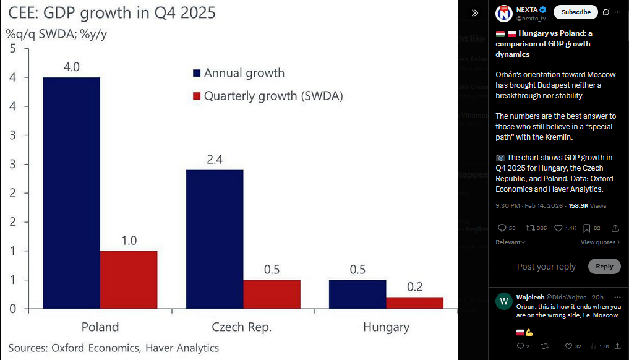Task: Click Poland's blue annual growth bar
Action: [x=71, y=192]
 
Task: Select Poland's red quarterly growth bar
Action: [x=129, y=279]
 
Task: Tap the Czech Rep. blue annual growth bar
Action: [x=215, y=238]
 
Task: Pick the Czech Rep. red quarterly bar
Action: [x=272, y=294]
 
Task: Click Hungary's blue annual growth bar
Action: [x=357, y=294]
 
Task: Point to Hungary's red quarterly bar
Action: [x=414, y=302]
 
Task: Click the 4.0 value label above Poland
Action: [x=72, y=66]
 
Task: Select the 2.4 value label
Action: [x=215, y=159]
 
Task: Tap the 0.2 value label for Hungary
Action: [x=415, y=286]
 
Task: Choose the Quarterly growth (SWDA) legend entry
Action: [x=273, y=96]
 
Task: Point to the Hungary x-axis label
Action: [x=386, y=327]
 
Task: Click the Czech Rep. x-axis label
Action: [x=241, y=327]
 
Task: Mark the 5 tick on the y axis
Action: [x=12, y=49]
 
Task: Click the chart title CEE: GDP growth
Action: [x=112, y=12]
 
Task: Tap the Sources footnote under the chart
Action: [x=113, y=348]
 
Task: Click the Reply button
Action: [x=604, y=266]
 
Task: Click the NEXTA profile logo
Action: [x=505, y=12]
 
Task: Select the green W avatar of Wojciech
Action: [x=504, y=301]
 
